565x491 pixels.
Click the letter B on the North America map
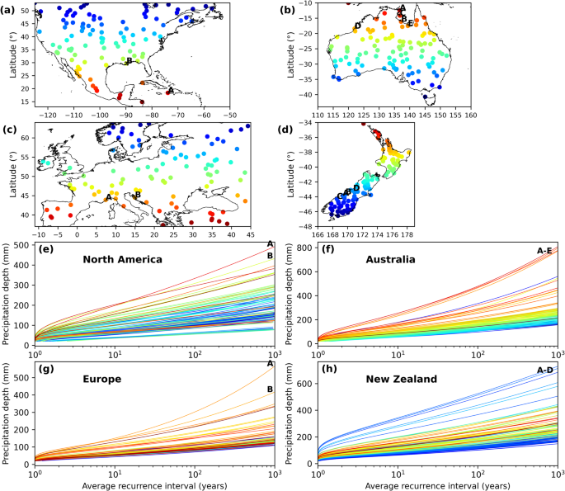(129, 60)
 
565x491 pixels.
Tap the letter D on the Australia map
(357, 26)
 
